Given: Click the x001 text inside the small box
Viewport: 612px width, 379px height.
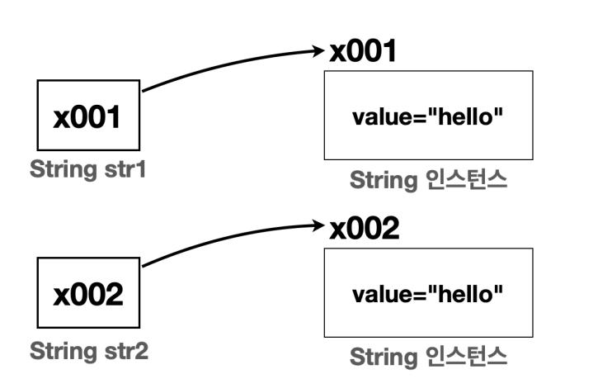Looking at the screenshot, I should (x=87, y=116).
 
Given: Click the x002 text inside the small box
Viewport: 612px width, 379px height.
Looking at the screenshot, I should (x=87, y=294).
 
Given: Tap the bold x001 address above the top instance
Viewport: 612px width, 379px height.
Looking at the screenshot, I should (x=363, y=52).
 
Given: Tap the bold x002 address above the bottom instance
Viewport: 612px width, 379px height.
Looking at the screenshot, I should (x=364, y=229).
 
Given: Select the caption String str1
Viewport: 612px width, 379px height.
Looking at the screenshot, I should (x=87, y=172).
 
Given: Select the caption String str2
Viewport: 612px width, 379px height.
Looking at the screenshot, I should (x=89, y=350).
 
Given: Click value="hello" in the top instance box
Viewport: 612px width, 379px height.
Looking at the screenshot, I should (x=428, y=115).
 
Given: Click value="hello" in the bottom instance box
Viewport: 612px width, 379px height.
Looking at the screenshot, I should (x=428, y=292).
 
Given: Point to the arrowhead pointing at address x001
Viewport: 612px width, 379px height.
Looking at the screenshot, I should (x=320, y=51).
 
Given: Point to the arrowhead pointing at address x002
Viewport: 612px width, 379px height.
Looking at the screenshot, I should (x=320, y=225).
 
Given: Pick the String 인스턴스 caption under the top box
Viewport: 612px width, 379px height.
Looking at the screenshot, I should (x=427, y=179).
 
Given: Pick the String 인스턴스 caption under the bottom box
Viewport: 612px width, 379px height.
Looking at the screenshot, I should (x=427, y=358).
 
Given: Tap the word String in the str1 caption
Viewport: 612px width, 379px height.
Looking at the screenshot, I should (x=59, y=172).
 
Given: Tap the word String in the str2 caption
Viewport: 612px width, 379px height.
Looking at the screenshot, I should (x=59, y=350).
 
